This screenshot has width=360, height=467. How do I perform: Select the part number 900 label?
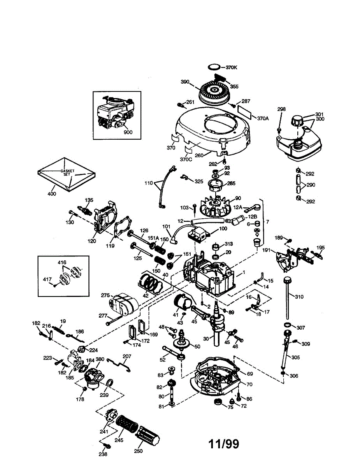[128, 132]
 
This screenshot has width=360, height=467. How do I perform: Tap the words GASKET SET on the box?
[67, 172]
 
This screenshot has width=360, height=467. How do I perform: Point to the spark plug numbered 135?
[85, 210]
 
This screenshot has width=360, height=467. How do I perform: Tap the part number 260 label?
[199, 155]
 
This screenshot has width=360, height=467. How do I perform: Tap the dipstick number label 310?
[299, 297]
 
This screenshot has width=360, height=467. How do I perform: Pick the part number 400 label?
[52, 194]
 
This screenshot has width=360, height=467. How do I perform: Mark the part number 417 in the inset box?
[47, 279]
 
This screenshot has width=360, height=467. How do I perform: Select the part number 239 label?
[104, 395]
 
